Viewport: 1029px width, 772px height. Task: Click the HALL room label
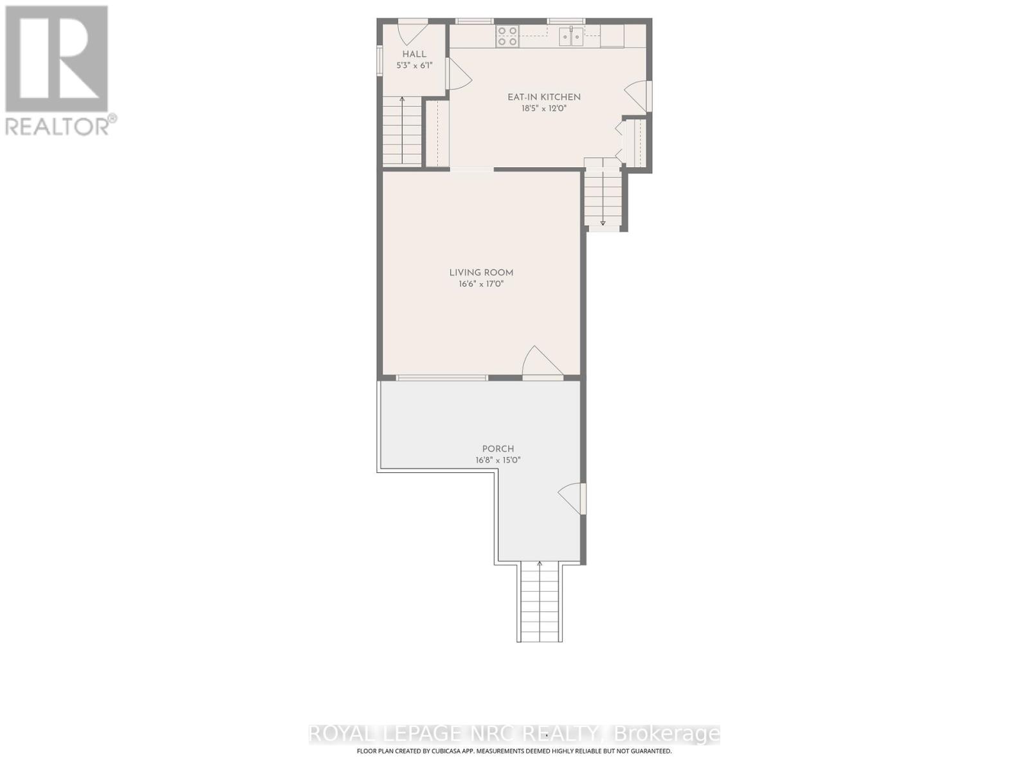(414, 55)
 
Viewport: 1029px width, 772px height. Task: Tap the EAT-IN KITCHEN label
(544, 97)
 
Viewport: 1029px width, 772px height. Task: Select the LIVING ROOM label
(481, 273)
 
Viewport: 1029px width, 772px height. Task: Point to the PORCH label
(498, 448)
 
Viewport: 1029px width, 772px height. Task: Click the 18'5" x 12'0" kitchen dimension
(544, 109)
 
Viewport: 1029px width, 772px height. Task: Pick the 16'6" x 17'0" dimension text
(481, 284)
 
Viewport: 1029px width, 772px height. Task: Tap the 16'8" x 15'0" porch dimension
(498, 460)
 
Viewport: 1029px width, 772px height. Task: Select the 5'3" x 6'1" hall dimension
(414, 66)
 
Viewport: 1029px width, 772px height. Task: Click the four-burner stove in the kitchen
(508, 36)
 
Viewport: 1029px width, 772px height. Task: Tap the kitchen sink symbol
(570, 37)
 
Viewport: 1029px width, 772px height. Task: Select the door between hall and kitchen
(459, 73)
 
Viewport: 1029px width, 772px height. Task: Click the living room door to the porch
(543, 361)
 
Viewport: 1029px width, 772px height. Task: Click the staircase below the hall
(402, 134)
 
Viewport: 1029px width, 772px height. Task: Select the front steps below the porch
(540, 602)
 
